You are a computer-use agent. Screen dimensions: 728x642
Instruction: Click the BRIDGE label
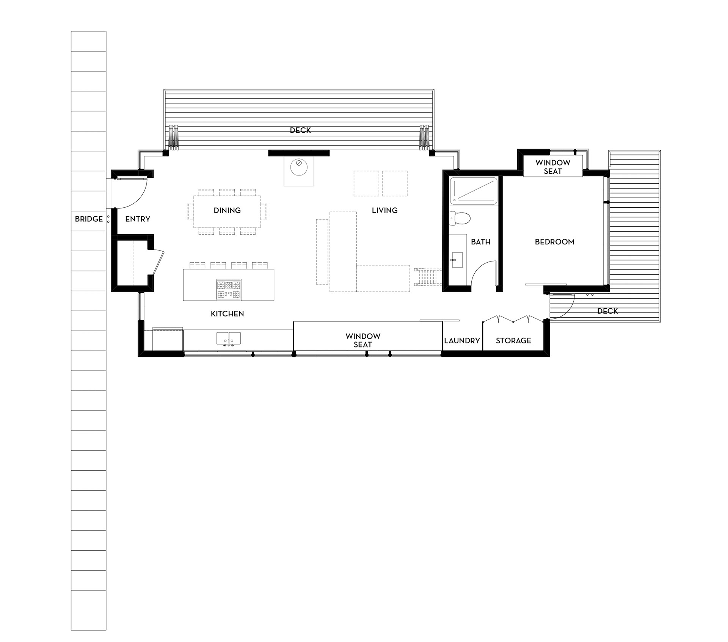pyautogui.click(x=89, y=219)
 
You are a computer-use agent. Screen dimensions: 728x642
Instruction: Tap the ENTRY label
pyautogui.click(x=138, y=219)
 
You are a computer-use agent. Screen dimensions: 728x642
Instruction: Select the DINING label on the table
pyautogui.click(x=227, y=210)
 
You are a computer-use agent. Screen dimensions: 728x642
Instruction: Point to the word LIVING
pyautogui.click(x=384, y=210)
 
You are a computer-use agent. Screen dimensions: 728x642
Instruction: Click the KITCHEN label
pyautogui.click(x=227, y=314)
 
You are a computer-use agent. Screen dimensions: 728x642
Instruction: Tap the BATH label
pyautogui.click(x=481, y=242)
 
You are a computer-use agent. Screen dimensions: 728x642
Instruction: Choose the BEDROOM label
pyautogui.click(x=555, y=242)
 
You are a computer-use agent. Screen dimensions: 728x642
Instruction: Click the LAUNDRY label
pyautogui.click(x=462, y=341)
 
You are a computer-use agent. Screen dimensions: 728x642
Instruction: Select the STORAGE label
pyautogui.click(x=513, y=341)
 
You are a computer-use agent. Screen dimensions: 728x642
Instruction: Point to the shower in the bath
pyautogui.click(x=474, y=191)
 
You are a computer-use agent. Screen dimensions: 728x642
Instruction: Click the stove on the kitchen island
pyautogui.click(x=229, y=290)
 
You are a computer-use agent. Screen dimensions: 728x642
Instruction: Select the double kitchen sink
pyautogui.click(x=229, y=338)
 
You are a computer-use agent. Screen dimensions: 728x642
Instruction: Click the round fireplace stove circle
pyautogui.click(x=299, y=167)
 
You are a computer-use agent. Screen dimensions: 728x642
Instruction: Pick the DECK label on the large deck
pyautogui.click(x=300, y=130)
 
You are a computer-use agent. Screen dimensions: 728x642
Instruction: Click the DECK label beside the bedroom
pyautogui.click(x=607, y=311)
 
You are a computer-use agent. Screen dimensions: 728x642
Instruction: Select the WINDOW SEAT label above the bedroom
pyautogui.click(x=553, y=167)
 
